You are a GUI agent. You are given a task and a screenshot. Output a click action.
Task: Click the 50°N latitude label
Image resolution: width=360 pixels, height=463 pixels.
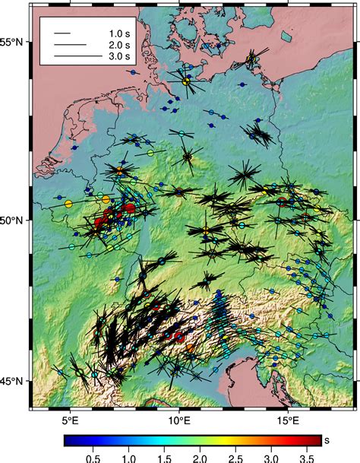tap(14, 220)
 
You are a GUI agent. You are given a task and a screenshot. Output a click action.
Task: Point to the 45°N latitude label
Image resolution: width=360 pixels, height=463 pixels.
tap(14, 381)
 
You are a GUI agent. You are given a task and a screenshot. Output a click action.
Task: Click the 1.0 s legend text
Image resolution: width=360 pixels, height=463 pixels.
tap(119, 34)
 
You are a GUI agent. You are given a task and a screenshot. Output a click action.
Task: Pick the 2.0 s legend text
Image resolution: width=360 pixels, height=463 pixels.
tap(119, 46)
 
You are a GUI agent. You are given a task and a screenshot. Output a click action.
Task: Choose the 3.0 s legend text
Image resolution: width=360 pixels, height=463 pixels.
tap(119, 57)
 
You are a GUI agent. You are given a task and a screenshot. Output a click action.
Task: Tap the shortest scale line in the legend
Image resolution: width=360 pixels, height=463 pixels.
tap(62, 34)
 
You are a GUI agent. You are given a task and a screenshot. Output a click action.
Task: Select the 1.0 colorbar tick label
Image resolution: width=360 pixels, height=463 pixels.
tap(128, 458)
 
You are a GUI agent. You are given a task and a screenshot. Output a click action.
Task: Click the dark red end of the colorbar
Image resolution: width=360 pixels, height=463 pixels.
tap(316, 440)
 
